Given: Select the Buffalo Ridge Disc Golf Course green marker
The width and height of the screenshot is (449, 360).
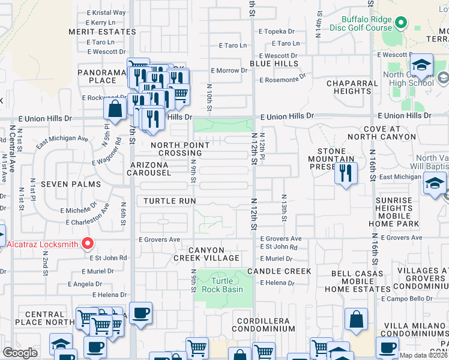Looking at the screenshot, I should click(401, 24).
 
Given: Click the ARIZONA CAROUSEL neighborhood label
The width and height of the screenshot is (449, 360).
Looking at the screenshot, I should click(148, 168).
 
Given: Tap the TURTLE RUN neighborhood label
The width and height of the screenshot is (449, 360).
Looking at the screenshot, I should click(170, 200).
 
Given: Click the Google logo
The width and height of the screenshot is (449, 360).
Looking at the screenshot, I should click(20, 353).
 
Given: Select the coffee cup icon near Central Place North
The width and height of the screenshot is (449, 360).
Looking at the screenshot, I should click(140, 313).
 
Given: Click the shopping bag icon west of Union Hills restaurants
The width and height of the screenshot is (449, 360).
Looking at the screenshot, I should click(115, 109).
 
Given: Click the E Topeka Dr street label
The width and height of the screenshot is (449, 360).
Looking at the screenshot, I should click(277, 31).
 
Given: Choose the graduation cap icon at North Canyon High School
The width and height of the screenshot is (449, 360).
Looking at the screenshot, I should click(421, 65).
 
